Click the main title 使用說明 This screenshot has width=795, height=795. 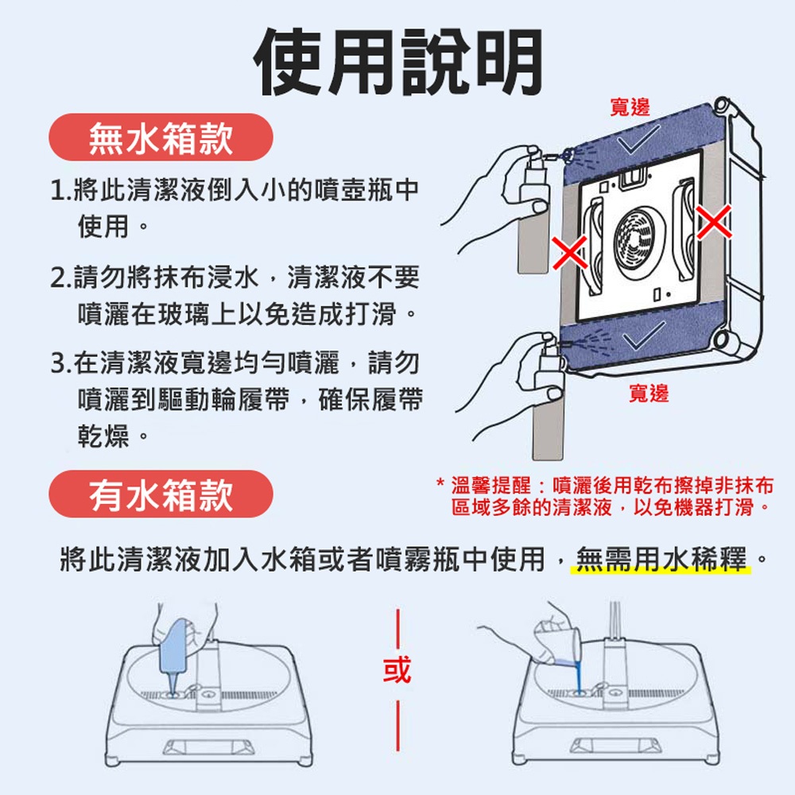tap(398, 62)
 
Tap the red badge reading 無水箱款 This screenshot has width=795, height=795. tap(161, 138)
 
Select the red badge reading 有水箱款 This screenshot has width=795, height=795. tap(161, 494)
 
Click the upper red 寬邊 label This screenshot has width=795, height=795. tap(630, 107)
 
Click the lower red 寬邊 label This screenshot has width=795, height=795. tap(649, 393)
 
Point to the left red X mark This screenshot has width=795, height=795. tap(570, 253)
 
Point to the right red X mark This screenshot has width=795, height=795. tap(714, 222)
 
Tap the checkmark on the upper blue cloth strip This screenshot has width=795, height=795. tap(638, 139)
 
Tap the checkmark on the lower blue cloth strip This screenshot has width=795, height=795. tap(644, 335)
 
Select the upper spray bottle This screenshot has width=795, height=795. tap(533, 214)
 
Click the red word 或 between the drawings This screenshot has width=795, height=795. tap(397, 669)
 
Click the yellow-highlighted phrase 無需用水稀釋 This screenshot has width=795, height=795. tap(661, 559)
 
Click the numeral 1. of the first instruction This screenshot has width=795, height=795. tap(62, 190)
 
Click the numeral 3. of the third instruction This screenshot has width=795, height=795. tap(62, 363)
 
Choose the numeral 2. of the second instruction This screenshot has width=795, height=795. tap(62, 277)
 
